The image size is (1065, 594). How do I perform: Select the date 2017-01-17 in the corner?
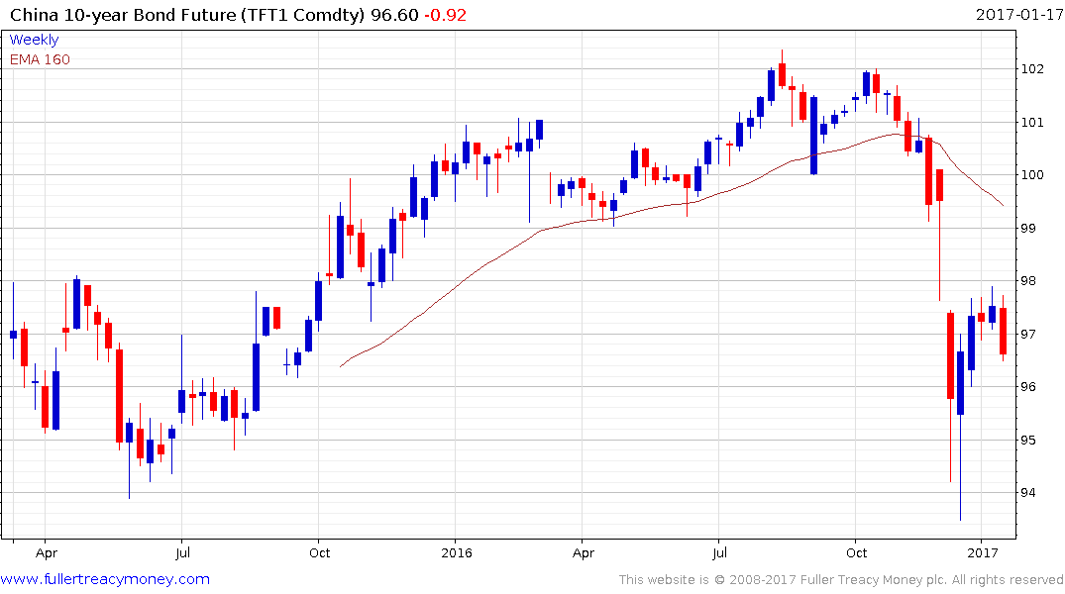[x=1017, y=15]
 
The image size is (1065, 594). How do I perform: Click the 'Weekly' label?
[x=34, y=40]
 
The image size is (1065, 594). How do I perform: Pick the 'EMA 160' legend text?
[x=40, y=59]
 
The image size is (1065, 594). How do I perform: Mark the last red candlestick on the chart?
[x=1003, y=331]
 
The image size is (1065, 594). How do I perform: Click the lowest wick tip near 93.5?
[x=960, y=520]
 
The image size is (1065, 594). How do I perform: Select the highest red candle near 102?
[x=782, y=75]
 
